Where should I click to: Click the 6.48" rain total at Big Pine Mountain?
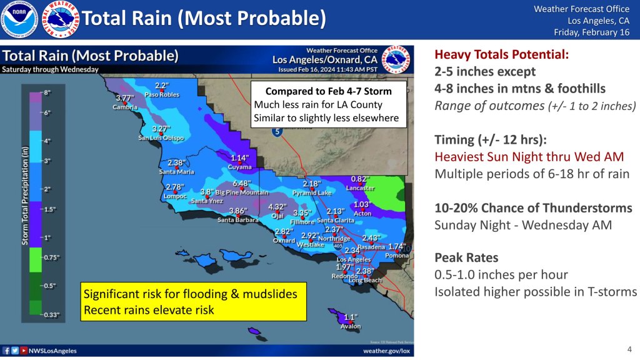[x=241, y=184]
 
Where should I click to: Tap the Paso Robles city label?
[x=162, y=95]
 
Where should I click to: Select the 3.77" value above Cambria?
[x=126, y=98]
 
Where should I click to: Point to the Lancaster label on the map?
[x=360, y=187]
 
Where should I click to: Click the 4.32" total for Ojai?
[x=277, y=207]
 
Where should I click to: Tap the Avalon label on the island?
[x=351, y=326]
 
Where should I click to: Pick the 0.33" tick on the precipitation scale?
[x=51, y=315]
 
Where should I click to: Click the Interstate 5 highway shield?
[x=276, y=132]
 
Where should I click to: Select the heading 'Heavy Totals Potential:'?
[x=502, y=55]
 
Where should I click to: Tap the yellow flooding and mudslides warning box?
[x=192, y=301]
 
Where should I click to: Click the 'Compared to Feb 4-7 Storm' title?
[x=328, y=91]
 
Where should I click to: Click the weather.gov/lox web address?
[x=387, y=351]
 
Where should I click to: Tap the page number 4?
[x=629, y=348]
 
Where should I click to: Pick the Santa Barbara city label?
[x=238, y=219]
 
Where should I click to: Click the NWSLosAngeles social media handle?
[x=52, y=351]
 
